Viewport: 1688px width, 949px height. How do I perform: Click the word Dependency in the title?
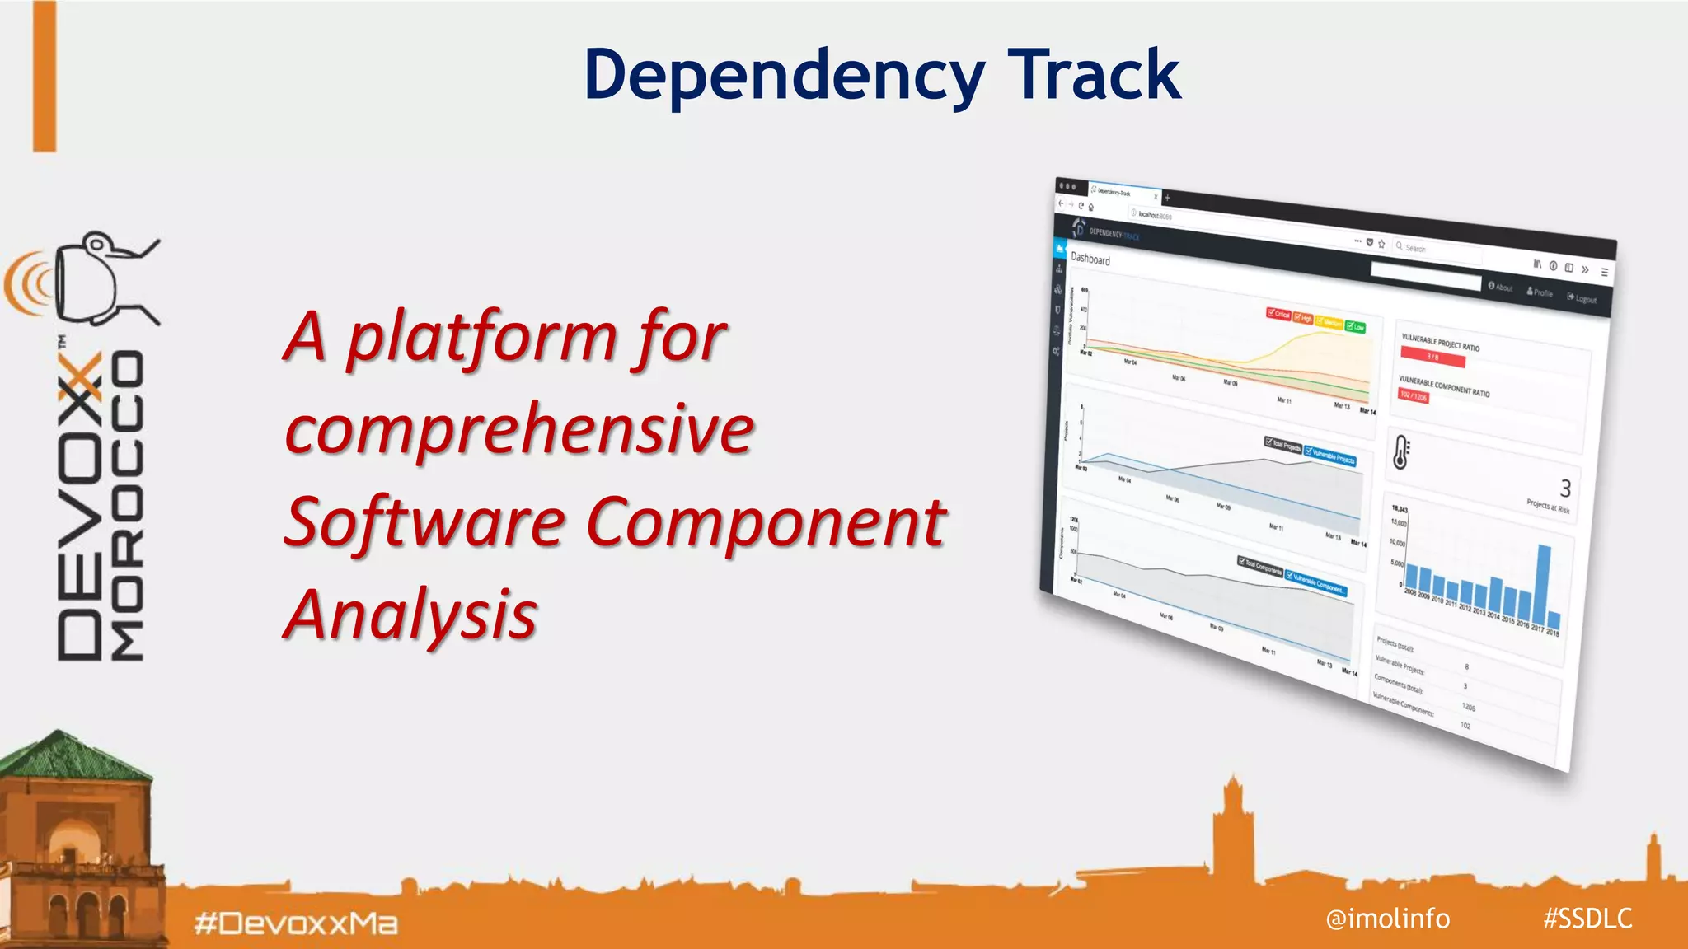click(x=783, y=76)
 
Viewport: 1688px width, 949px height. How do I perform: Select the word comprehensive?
click(x=519, y=429)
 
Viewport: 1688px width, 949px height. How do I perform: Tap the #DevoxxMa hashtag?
click(x=296, y=923)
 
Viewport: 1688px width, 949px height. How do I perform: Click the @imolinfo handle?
click(x=1387, y=918)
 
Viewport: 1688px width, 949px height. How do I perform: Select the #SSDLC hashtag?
click(x=1587, y=918)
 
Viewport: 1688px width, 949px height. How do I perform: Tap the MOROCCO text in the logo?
click(x=129, y=507)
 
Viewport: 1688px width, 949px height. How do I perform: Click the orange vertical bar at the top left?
click(x=45, y=76)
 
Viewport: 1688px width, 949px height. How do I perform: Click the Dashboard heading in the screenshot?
click(x=1090, y=259)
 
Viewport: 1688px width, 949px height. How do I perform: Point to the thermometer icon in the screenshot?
click(x=1401, y=452)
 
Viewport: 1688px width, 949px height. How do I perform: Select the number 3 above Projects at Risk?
click(x=1565, y=488)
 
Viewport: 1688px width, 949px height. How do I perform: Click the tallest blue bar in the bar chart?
click(x=1544, y=585)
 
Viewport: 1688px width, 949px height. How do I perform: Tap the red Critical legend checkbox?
click(x=1278, y=314)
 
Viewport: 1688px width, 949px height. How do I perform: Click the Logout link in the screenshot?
click(x=1582, y=298)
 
